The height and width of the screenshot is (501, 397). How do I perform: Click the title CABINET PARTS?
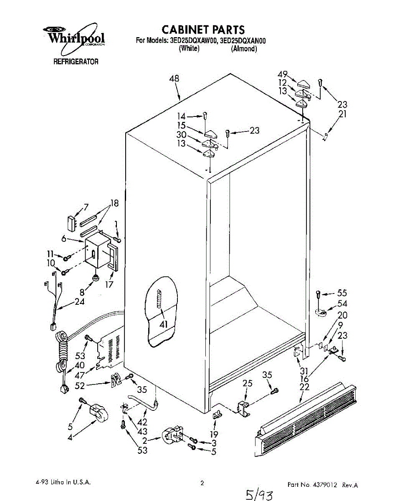pos(203,30)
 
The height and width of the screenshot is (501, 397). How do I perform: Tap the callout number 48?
pos(174,78)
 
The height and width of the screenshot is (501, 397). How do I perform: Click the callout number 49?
pos(283,74)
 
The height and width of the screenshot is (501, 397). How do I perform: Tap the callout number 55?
pos(342,293)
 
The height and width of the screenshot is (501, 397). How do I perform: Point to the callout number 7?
pos(86,207)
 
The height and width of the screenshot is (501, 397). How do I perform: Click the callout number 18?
pos(114,204)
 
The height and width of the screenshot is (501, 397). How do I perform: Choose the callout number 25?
pos(248,384)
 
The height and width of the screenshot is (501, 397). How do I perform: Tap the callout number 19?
pos(214,434)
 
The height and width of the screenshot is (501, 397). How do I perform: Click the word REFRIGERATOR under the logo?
pos(76,62)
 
